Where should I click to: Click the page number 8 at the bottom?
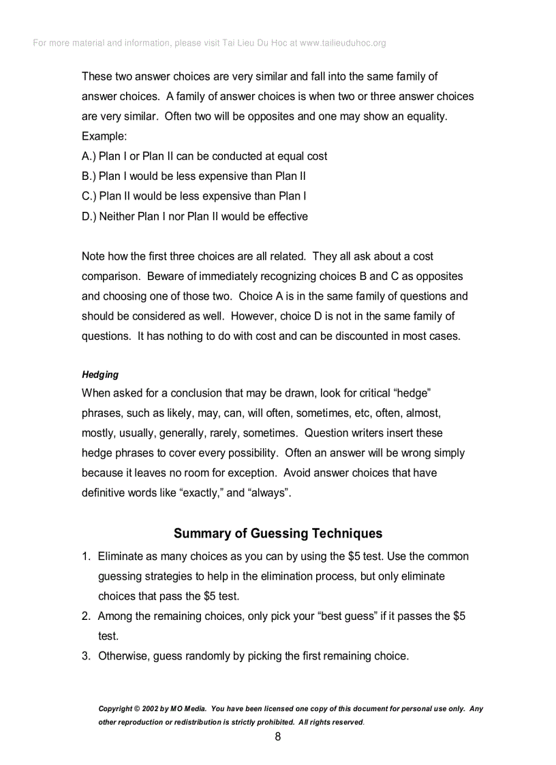[x=278, y=736]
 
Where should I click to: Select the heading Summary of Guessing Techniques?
[x=278, y=533]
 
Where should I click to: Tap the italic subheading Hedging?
[x=100, y=375]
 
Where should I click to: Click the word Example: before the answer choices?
[x=104, y=136]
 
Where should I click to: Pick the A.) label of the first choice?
[x=89, y=156]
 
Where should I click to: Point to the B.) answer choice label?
[x=89, y=176]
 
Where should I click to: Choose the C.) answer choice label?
[x=89, y=196]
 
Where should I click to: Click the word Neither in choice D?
[x=117, y=217]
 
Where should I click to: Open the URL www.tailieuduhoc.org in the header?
[x=343, y=43]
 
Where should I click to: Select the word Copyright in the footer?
[x=115, y=708]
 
